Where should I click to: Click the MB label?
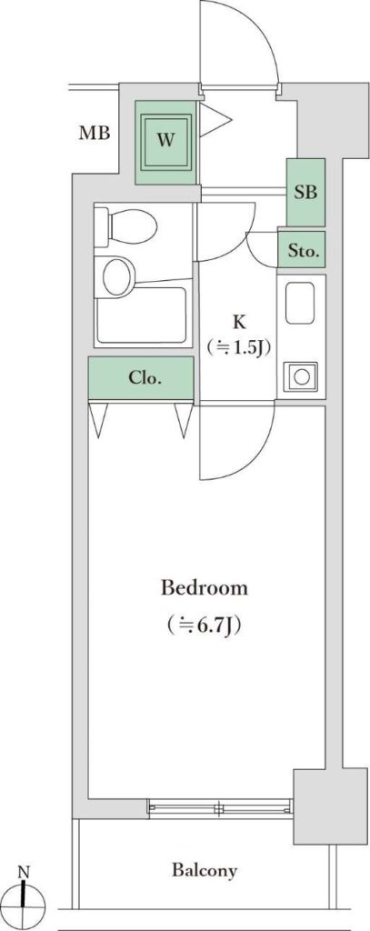tap(95, 133)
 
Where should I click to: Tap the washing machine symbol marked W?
tap(166, 141)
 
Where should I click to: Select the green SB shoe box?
tap(305, 192)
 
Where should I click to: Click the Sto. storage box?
tap(302, 249)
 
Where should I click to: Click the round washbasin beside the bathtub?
tap(117, 275)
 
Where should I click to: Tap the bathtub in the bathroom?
tap(143, 315)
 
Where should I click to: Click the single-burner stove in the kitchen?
tap(300, 375)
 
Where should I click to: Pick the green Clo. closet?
tap(141, 377)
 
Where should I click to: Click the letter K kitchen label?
tap(239, 323)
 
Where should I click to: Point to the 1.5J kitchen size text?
tap(239, 347)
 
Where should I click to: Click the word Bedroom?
tap(205, 589)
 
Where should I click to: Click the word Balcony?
tap(205, 870)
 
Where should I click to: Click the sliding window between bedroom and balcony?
tap(220, 807)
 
